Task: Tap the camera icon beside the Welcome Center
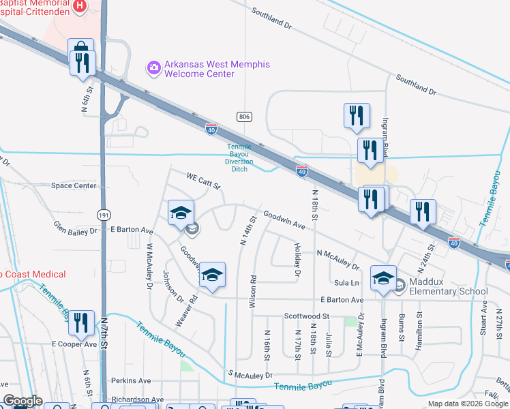pyautogui.click(x=153, y=66)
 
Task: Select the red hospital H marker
pyautogui.click(x=80, y=7)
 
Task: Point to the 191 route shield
pyautogui.click(x=103, y=214)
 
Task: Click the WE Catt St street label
pyautogui.click(x=204, y=181)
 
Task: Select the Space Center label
pyautogui.click(x=74, y=185)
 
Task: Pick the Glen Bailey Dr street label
pyautogui.click(x=76, y=227)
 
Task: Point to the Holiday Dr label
pyautogui.click(x=297, y=260)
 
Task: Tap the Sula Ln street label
pyautogui.click(x=346, y=282)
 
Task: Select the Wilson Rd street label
pyautogui.click(x=252, y=292)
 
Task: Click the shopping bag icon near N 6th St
pyautogui.click(x=81, y=47)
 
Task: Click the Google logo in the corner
pyautogui.click(x=22, y=401)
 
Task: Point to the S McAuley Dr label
pyautogui.click(x=250, y=375)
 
